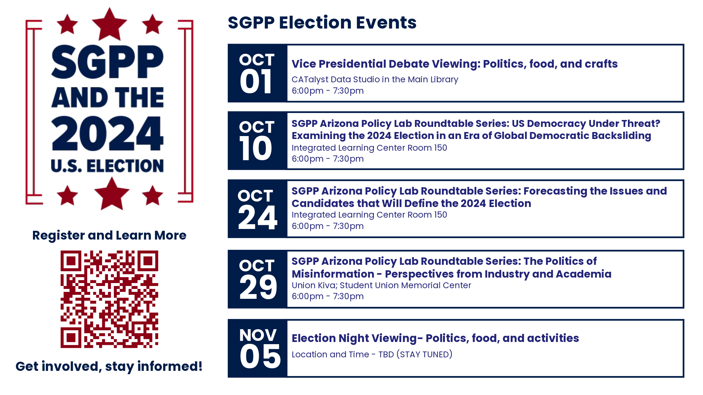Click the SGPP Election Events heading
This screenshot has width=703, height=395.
[322, 23]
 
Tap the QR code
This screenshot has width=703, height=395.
[109, 299]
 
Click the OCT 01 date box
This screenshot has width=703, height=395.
[257, 73]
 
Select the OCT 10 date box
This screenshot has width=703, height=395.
[257, 141]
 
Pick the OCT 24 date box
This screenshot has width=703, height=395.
[257, 208]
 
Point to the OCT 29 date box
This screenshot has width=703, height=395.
[257, 279]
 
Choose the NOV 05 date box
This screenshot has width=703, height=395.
[257, 348]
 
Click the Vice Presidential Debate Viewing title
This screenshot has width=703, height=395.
[454, 64]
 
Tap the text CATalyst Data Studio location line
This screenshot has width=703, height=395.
[375, 79]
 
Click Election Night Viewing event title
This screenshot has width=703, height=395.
[435, 338]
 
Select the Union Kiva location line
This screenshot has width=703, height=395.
[381, 285]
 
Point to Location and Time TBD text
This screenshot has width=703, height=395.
[372, 354]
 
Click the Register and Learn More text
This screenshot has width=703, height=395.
[109, 235]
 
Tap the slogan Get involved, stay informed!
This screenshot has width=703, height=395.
[109, 366]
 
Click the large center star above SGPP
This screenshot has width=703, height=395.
[109, 24]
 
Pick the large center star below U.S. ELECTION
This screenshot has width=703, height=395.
[112, 193]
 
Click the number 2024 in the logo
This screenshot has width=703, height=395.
[107, 133]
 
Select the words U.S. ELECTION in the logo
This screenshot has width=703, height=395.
[107, 166]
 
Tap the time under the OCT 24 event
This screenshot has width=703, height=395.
[327, 226]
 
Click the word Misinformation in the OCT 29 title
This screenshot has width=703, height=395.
[333, 274]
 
